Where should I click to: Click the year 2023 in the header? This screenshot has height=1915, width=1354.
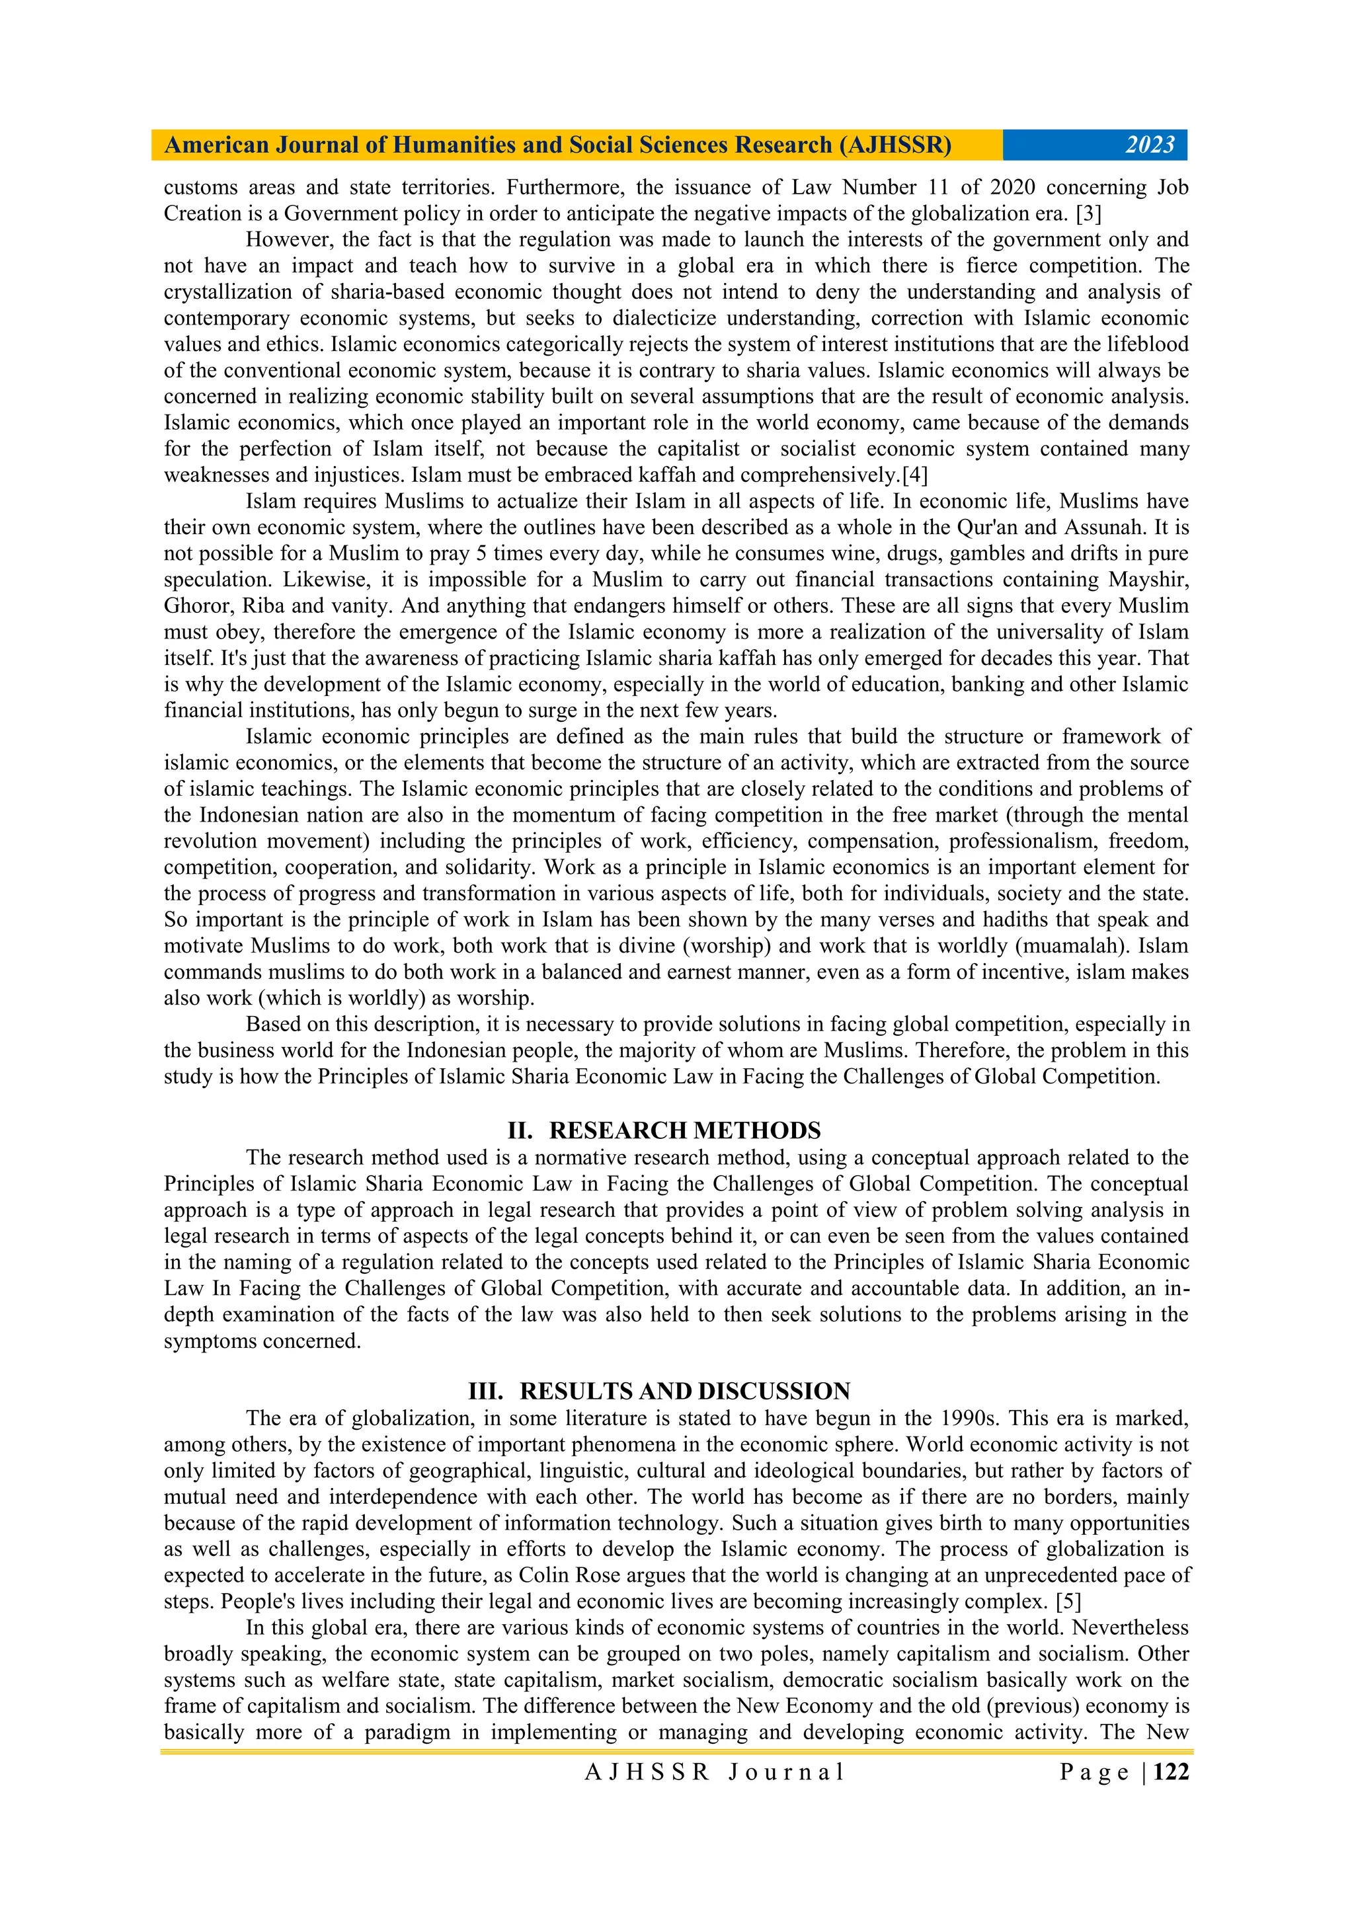click(1150, 145)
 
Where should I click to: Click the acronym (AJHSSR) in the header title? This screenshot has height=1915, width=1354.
click(895, 145)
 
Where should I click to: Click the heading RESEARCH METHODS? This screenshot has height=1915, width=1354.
click(685, 1131)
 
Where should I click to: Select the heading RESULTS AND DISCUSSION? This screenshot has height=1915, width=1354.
click(685, 1391)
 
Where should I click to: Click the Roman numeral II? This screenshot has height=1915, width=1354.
click(520, 1131)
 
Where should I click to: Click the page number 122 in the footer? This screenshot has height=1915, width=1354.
click(1172, 1772)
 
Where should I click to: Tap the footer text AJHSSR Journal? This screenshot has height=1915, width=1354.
click(714, 1772)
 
